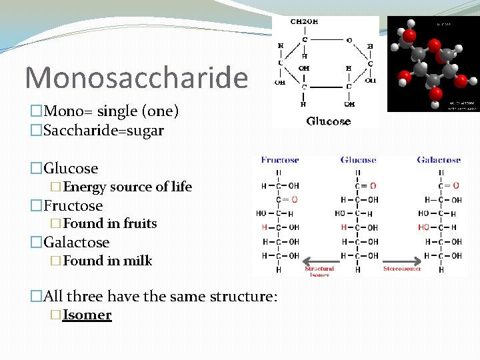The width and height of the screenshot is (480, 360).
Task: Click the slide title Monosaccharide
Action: click(136, 77)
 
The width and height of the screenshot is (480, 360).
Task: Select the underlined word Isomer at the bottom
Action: click(87, 315)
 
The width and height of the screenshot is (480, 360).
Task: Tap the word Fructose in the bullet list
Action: click(73, 205)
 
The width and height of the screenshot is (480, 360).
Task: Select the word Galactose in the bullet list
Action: click(76, 242)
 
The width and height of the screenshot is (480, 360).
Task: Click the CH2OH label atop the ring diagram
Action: click(304, 22)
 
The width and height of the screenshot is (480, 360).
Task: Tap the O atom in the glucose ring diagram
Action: click(349, 40)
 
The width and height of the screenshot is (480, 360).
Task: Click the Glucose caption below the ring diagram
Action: click(328, 121)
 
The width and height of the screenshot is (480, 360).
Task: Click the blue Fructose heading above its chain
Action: click(280, 160)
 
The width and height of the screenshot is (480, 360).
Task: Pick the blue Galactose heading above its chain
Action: click(439, 160)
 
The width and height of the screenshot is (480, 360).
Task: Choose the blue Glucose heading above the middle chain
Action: click(358, 160)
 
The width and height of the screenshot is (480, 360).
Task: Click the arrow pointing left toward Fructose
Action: click(319, 260)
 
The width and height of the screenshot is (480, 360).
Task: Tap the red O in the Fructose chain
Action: click(295, 199)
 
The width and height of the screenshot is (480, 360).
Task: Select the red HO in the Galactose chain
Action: click(425, 227)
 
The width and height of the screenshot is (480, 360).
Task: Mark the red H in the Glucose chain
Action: click(343, 227)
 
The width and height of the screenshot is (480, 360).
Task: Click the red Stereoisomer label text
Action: click(402, 269)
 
